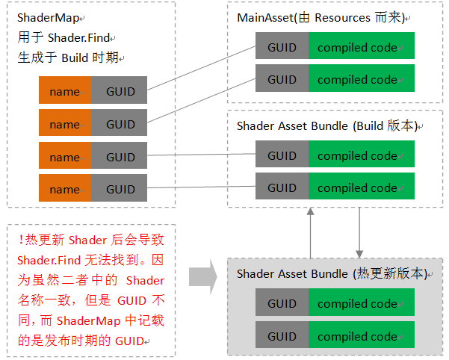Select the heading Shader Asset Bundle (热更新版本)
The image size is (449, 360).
tap(330, 273)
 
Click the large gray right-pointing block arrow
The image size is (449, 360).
tap(202, 278)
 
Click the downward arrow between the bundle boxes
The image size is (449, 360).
tap(360, 232)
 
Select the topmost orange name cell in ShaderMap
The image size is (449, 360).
tap(65, 91)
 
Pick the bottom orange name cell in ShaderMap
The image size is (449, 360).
tap(65, 190)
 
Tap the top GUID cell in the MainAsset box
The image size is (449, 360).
tap(282, 48)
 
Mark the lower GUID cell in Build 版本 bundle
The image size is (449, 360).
tap(282, 188)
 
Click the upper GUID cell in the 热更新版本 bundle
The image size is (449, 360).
tap(282, 304)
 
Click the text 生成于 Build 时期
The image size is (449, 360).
tap(67, 58)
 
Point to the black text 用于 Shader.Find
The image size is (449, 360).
tap(63, 37)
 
